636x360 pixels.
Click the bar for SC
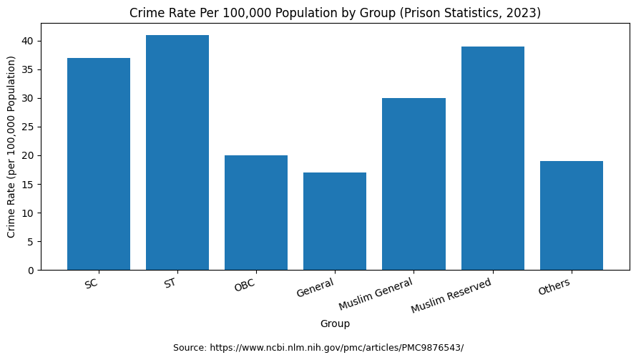tap(99, 164)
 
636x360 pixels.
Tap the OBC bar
tap(256, 213)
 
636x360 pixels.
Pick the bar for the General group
tap(335, 221)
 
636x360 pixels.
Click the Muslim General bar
tap(414, 184)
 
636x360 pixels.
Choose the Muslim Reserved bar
tap(493, 158)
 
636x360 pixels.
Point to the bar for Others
tap(572, 215)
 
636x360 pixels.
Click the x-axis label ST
tap(170, 283)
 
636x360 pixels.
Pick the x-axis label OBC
tap(245, 286)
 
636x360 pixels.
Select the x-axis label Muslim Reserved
tap(451, 295)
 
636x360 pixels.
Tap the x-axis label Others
tap(554, 286)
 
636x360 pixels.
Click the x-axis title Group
tap(335, 323)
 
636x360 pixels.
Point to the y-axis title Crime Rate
tap(11, 147)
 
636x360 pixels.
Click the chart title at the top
tap(335, 13)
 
